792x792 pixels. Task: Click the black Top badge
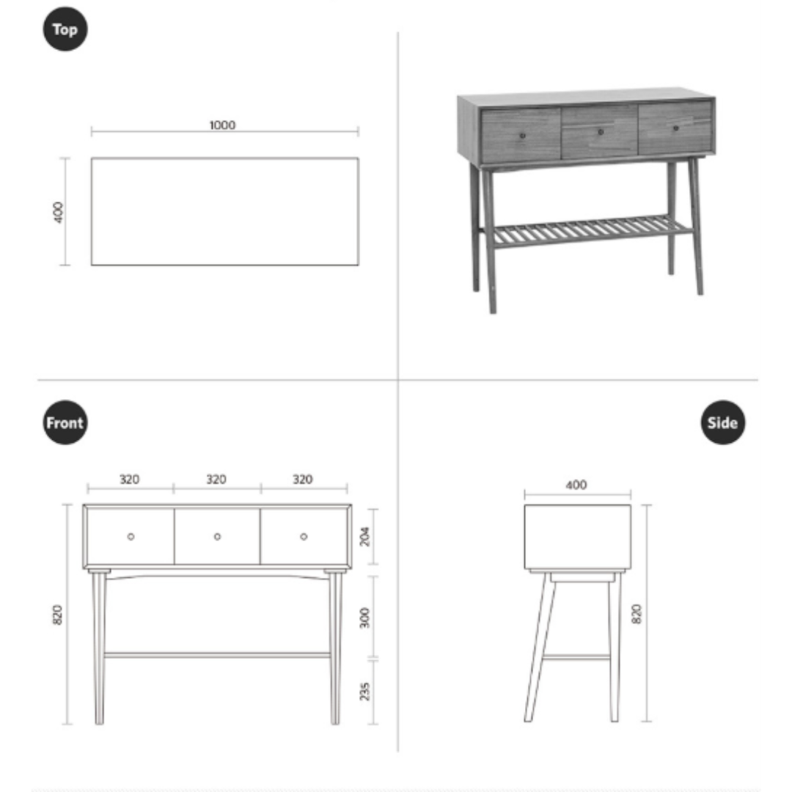pos(65,29)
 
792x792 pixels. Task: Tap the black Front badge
pos(65,422)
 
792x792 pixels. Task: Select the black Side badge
pos(723,422)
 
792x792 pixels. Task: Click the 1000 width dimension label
pos(222,125)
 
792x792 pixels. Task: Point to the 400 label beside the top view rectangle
pos(59,212)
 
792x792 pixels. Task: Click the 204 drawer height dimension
pos(364,536)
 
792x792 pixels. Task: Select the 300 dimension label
pos(364,617)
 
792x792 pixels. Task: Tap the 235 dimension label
pos(364,692)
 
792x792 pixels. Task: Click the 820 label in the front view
pos(58,615)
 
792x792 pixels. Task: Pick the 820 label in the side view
pos(637,614)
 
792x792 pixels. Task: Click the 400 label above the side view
pos(576,485)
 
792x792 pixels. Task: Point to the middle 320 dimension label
pos(216,479)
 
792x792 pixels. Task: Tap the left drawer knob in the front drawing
pos(131,536)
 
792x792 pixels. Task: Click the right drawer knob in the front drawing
pos(304,536)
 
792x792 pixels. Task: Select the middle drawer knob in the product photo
pos(601,132)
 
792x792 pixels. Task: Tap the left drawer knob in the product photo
pos(523,136)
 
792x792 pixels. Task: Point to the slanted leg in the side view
pos(540,648)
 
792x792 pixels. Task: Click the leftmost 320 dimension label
pos(129,479)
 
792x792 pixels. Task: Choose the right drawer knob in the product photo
pos(676,128)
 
